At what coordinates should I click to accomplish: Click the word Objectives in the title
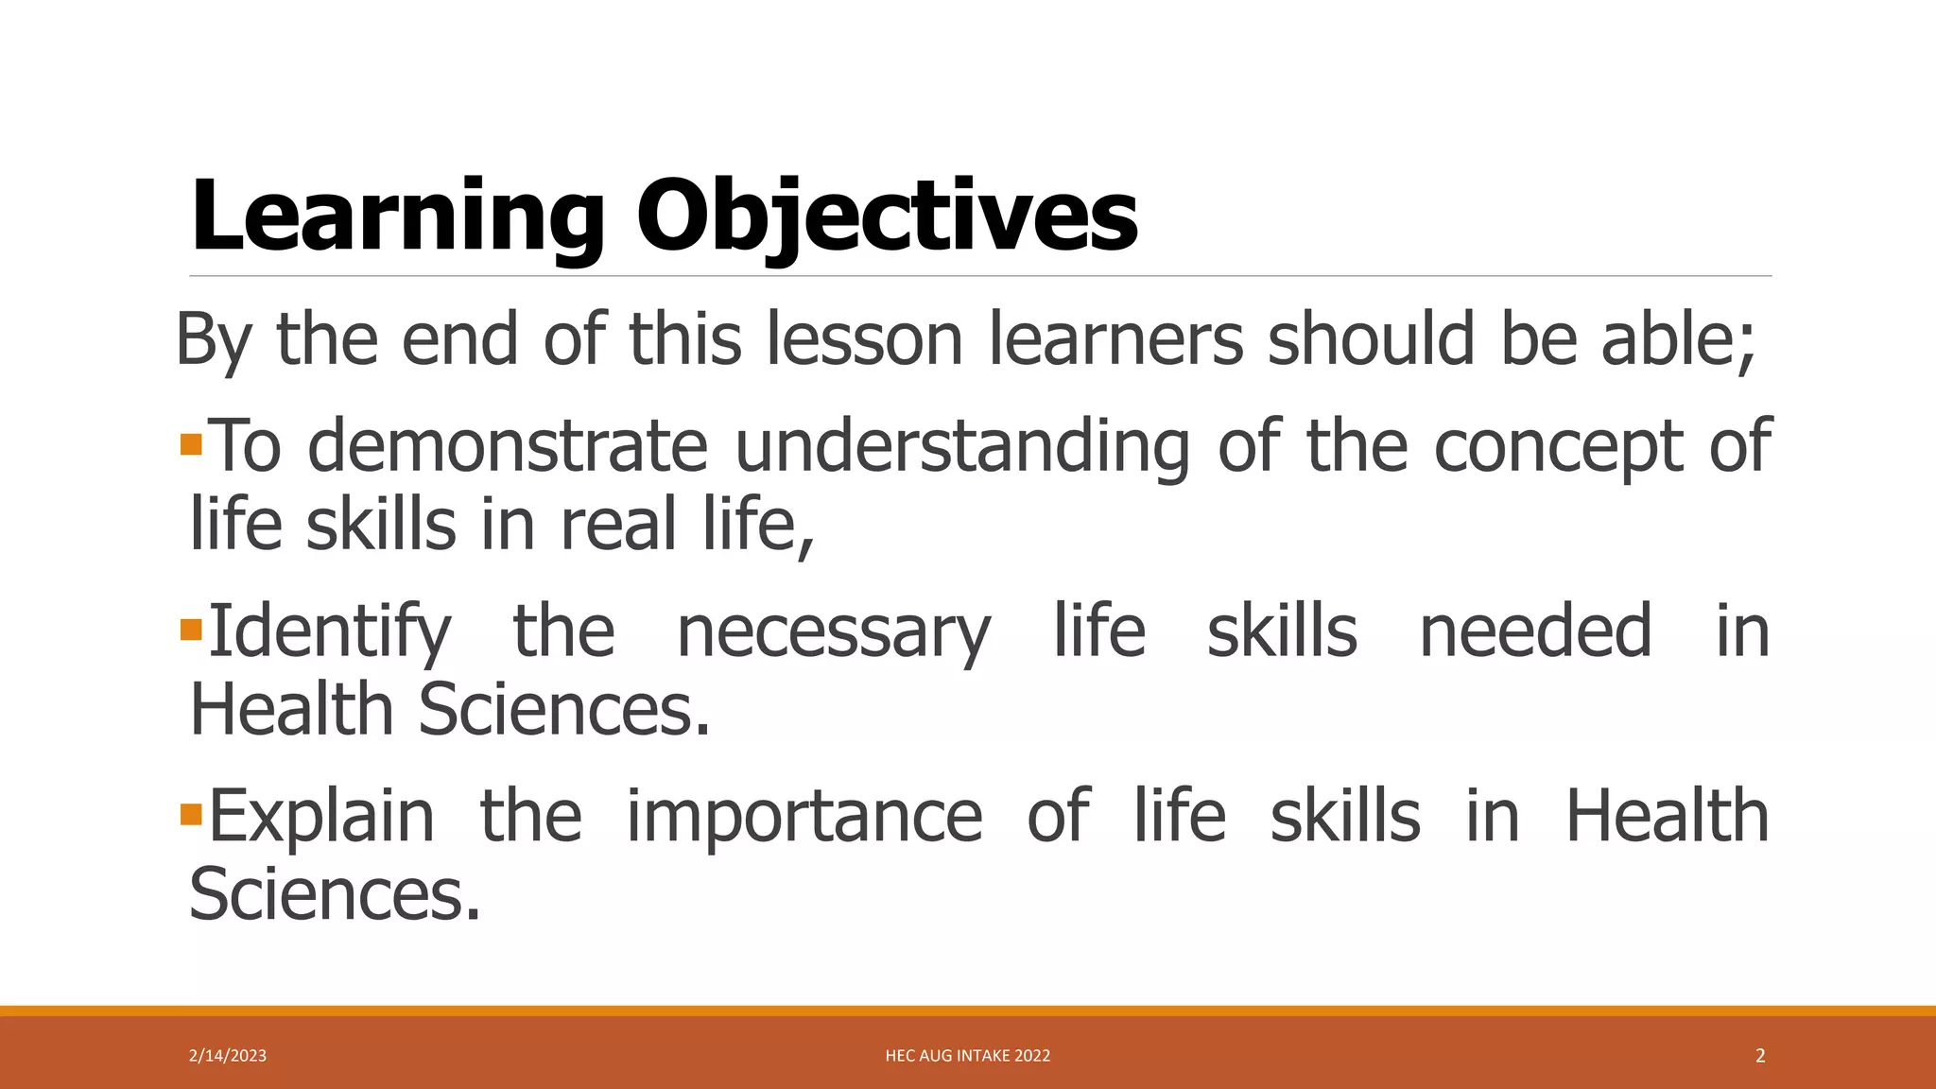(887, 217)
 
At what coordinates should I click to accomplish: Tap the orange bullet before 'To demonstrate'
(191, 443)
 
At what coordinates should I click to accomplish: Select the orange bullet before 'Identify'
(191, 629)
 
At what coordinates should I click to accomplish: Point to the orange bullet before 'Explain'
(191, 813)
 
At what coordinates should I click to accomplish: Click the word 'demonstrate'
(508, 445)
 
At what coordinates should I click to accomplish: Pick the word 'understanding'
(961, 445)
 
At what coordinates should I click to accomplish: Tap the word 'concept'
(1558, 445)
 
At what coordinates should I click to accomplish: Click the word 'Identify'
(330, 631)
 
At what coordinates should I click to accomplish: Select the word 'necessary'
(834, 631)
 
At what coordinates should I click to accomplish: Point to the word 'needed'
(1536, 631)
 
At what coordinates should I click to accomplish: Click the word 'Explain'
(321, 816)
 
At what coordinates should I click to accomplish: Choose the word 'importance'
(804, 816)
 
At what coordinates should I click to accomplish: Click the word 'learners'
(1116, 338)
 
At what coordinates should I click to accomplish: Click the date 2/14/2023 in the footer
(228, 1056)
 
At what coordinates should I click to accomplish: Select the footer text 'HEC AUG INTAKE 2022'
(968, 1056)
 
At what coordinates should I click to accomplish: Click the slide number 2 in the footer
(1760, 1056)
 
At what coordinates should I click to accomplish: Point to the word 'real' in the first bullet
(618, 524)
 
